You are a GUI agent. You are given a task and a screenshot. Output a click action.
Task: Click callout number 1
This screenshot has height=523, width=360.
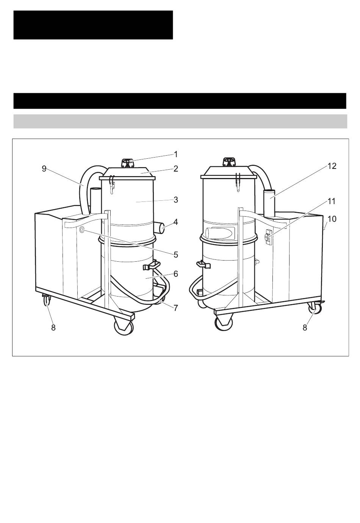(x=176, y=154)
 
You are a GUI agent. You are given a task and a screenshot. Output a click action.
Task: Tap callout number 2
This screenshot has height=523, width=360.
(x=176, y=169)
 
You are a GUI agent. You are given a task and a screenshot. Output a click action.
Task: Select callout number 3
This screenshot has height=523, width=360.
(x=176, y=200)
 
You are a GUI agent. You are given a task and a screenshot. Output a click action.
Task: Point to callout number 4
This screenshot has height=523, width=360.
(x=176, y=222)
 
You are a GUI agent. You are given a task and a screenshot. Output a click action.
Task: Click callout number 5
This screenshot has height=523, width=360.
(x=176, y=254)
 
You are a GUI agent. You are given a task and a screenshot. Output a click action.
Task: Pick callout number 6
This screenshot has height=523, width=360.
(x=176, y=274)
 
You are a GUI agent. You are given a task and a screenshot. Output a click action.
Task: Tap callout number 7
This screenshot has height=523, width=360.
(x=176, y=308)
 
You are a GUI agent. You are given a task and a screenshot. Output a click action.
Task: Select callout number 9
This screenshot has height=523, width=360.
(x=44, y=169)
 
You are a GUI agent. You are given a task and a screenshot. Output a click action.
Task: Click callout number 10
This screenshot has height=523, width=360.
(x=332, y=219)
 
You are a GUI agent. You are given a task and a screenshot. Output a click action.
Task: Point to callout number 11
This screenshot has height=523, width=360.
(x=332, y=201)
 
